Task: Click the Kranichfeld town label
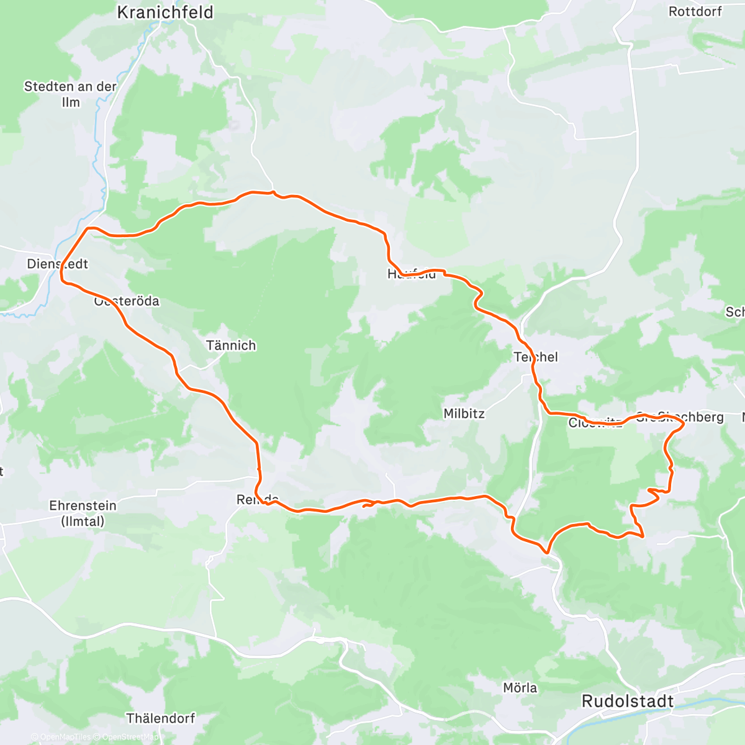point(165,12)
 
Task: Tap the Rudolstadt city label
point(627,702)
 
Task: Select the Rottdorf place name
point(695,11)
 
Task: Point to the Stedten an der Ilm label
point(70,94)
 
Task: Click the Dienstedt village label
point(57,264)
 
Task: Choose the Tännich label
point(231,346)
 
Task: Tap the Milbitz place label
point(464,413)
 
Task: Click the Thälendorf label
point(161,718)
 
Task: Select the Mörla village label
point(520,688)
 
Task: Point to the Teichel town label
point(536,357)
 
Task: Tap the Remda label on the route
point(257,500)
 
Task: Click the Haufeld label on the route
point(412,274)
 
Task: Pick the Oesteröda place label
point(127,301)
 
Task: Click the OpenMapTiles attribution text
point(65,737)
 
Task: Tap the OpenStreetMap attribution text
point(130,737)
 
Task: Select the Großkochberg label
point(680,417)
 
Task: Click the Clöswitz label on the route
point(595,423)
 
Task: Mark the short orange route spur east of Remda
point(369,504)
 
